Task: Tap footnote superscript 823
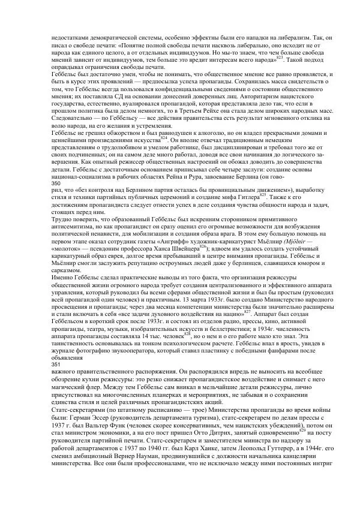[x=279, y=58]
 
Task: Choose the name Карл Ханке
[x=184, y=465]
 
